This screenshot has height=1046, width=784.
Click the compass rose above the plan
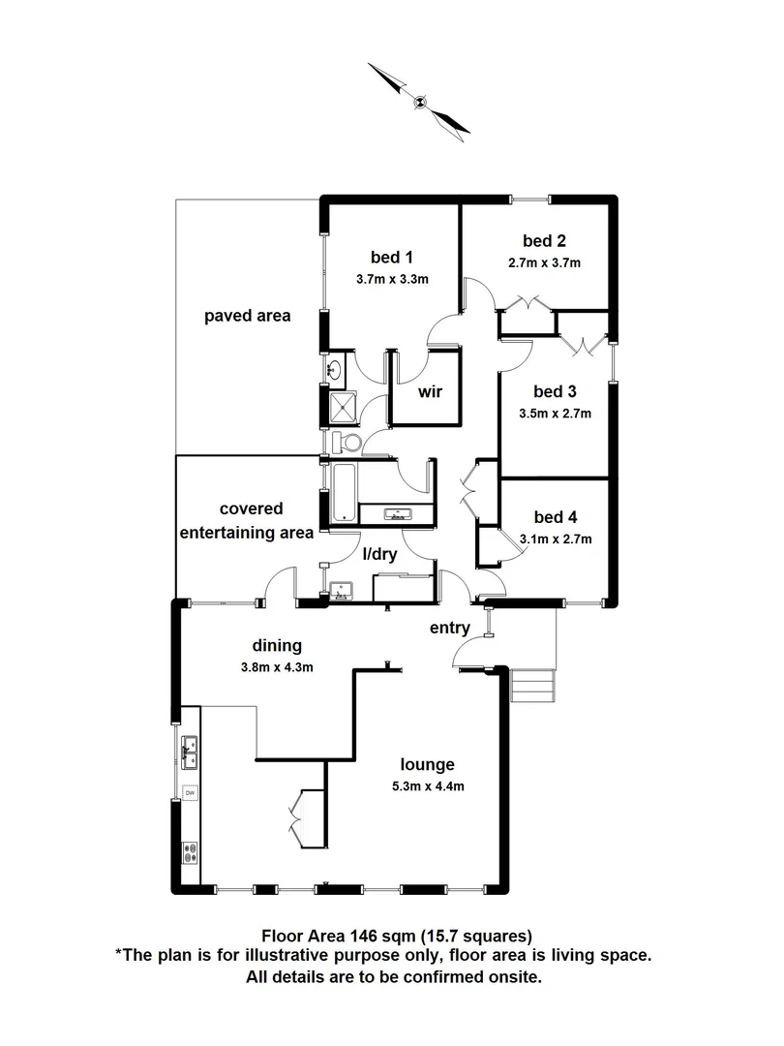tap(419, 100)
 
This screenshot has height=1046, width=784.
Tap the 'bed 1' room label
tap(392, 257)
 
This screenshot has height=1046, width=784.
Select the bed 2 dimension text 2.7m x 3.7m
tap(544, 261)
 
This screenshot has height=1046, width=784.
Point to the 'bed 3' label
tap(555, 391)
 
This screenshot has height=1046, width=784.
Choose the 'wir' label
tap(430, 392)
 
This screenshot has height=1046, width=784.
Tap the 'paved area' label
tap(247, 316)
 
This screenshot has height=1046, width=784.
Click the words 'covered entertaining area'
tap(252, 520)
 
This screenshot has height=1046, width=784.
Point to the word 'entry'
tap(450, 628)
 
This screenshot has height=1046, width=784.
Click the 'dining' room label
tap(278, 645)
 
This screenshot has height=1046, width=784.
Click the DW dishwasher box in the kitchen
tap(191, 793)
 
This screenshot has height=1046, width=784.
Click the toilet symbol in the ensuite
tap(347, 442)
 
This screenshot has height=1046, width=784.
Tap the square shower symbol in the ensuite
tap(343, 408)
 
